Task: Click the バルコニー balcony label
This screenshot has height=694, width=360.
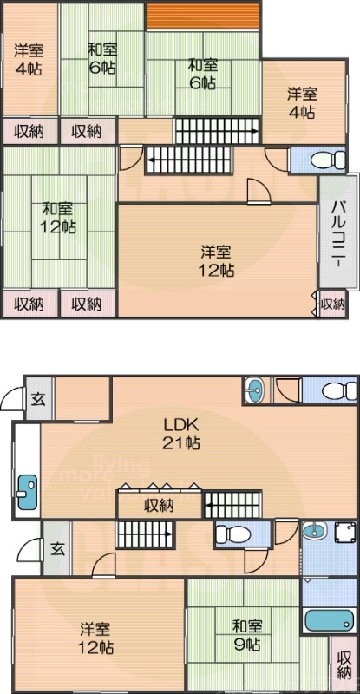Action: (x=338, y=232)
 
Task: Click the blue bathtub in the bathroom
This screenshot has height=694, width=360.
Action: (x=329, y=622)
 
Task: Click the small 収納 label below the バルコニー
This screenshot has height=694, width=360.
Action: (x=332, y=304)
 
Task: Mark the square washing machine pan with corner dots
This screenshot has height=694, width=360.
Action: (x=344, y=534)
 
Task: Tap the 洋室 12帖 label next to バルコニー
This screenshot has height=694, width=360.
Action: (x=217, y=261)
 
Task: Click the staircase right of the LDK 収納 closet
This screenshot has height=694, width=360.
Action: (x=231, y=503)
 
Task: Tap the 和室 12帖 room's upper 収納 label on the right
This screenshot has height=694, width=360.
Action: (x=87, y=132)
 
